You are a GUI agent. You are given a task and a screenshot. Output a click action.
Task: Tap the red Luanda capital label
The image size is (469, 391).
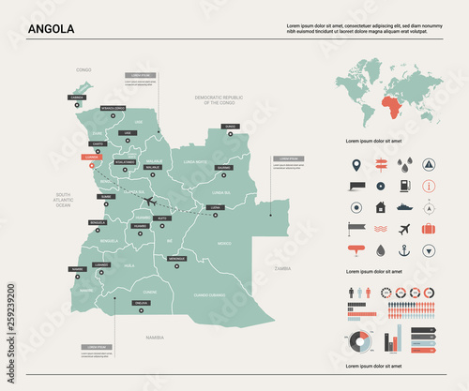pos(91,158)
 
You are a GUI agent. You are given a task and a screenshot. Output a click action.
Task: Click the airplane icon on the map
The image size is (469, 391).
pos(150,201)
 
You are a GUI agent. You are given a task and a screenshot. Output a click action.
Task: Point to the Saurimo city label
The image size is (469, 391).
pos(222,167)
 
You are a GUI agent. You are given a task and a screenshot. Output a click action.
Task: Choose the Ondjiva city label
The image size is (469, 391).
pos(141,303)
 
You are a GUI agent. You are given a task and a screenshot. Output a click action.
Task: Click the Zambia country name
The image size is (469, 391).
pos(282,268)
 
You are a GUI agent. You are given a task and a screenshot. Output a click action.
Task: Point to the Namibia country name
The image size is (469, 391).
pos(152,336)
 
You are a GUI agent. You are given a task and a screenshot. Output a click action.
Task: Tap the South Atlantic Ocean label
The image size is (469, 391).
pos(63,199)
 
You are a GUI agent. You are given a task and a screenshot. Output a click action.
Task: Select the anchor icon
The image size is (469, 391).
pos(404,250)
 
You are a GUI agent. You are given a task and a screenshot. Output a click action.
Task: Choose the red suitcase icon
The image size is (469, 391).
pos(428,228)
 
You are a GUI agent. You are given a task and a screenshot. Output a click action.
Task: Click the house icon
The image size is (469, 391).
pos(381,208)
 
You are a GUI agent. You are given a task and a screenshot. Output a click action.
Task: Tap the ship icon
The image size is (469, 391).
pos(404,208)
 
